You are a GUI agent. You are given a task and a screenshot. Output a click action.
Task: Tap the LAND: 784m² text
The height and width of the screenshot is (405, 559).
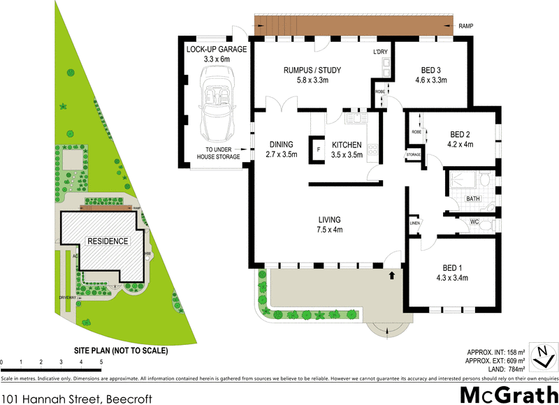point(502,369)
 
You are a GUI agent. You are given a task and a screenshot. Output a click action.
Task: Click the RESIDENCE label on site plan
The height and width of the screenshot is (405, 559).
point(108,241)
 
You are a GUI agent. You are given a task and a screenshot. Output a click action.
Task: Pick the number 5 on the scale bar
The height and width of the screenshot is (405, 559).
point(101,362)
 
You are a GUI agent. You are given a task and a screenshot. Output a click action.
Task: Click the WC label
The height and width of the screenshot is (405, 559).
point(474,222)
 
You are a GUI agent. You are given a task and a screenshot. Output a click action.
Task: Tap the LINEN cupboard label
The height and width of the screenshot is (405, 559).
point(414,223)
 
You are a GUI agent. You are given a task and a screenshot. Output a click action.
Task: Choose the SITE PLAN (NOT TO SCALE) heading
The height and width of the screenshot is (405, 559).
point(121,351)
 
